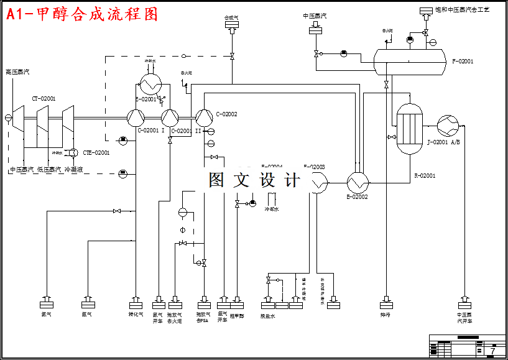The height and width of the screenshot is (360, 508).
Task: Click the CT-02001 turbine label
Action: pyautogui.click(x=44, y=98)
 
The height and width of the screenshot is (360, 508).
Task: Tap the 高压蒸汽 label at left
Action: pyautogui.click(x=17, y=72)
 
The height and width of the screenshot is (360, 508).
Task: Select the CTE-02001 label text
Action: pyautogui.click(x=96, y=152)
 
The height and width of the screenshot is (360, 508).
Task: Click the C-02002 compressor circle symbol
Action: pyautogui.click(x=203, y=117)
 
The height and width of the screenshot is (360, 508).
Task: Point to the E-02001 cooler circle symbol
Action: pyautogui.click(x=149, y=83)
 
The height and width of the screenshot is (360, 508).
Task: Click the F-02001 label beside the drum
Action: pyautogui.click(x=463, y=62)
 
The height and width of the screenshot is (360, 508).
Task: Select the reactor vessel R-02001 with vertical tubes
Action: pyautogui.click(x=410, y=129)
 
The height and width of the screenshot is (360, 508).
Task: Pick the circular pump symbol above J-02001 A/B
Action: pyautogui.click(x=447, y=126)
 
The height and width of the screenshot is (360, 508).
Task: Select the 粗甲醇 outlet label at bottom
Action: pyautogui.click(x=237, y=315)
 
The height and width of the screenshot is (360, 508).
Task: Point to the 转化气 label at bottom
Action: pyautogui.click(x=136, y=315)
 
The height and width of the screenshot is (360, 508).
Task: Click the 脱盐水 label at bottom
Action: pyautogui.click(x=267, y=316)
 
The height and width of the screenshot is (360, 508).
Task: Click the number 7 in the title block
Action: pyautogui.click(x=493, y=351)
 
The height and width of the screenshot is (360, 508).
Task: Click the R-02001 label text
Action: pyautogui.click(x=425, y=176)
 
